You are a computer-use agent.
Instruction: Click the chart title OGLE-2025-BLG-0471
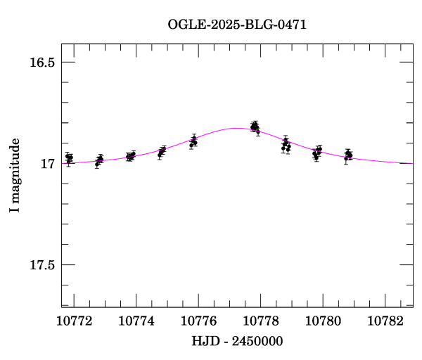tap(237, 24)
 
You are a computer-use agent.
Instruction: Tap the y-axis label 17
tap(48, 164)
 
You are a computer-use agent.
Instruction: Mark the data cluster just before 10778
tap(255, 127)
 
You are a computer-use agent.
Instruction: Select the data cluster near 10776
tap(193, 142)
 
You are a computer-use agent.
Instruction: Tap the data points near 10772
tap(69, 158)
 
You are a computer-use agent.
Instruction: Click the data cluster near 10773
tap(99, 160)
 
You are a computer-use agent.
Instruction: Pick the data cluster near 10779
tap(286, 146)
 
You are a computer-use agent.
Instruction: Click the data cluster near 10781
tap(348, 155)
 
